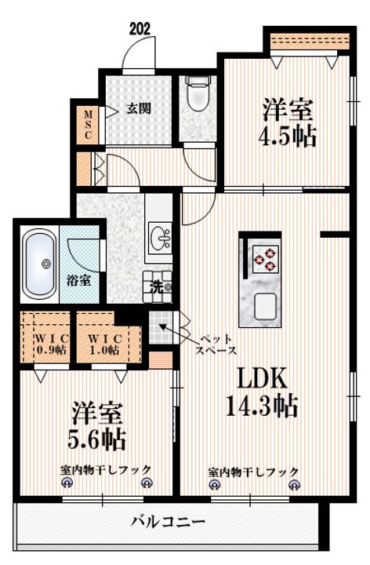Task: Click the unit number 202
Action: point(140,29)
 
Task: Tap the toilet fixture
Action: point(198,93)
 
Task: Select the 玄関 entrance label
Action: point(139,108)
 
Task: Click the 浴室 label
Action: point(79,280)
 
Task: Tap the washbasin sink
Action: point(160,239)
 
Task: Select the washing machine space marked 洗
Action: point(158,286)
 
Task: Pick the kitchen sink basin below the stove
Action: point(265,307)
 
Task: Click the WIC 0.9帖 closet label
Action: point(52,344)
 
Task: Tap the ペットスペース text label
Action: point(216,344)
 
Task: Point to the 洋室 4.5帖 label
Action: point(288,122)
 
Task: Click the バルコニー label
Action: point(168,521)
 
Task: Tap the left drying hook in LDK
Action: point(215,485)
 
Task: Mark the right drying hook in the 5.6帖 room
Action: point(147,483)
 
